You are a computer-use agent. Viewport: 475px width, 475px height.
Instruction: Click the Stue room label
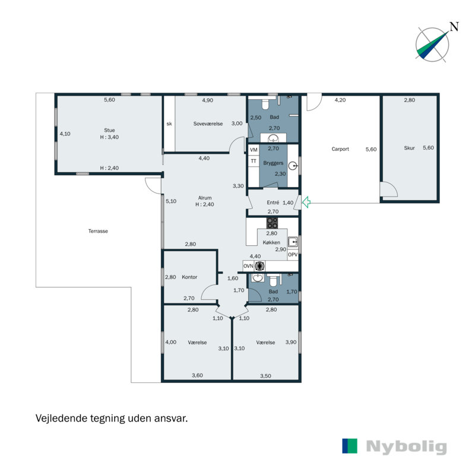[x=109, y=130]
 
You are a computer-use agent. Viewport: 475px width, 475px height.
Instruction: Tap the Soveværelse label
[x=208, y=123]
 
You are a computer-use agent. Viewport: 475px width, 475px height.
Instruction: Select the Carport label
[x=340, y=149]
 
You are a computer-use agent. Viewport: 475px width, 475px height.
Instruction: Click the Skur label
[x=409, y=148]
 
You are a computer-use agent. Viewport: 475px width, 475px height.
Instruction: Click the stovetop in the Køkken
[x=272, y=223]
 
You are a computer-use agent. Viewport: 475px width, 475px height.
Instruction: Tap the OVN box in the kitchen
[x=249, y=265]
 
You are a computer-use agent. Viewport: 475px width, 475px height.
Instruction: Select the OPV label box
[x=292, y=255]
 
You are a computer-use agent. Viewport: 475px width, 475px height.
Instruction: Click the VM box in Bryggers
[x=254, y=150]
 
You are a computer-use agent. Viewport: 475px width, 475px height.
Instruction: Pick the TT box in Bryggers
[x=254, y=161]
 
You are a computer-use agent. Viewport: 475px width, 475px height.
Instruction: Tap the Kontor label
[x=189, y=277]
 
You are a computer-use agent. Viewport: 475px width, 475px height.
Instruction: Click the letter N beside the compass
[x=454, y=26]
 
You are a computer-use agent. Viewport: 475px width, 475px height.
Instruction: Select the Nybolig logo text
[x=407, y=446]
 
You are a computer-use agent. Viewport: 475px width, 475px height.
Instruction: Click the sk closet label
[x=169, y=124]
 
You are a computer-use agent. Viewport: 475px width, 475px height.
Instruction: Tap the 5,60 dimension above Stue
[x=109, y=100]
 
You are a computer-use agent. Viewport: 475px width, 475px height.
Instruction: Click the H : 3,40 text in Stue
[x=109, y=137]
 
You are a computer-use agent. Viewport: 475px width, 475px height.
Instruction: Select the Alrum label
[x=205, y=198]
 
